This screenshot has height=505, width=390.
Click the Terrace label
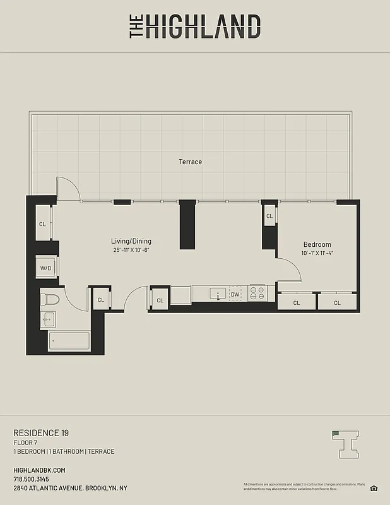tap(190, 162)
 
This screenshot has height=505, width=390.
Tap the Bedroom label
tap(317, 245)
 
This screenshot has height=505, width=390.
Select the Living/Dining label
tap(131, 241)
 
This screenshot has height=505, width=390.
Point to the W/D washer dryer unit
tap(46, 268)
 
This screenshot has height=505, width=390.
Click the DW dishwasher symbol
tap(235, 294)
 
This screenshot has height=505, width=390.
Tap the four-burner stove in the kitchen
tap(257, 294)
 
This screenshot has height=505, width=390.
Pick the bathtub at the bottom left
tap(70, 342)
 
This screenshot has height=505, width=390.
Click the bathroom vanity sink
tap(47, 320)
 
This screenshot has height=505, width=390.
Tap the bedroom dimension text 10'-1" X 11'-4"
tap(317, 254)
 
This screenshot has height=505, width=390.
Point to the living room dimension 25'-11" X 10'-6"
tap(131, 250)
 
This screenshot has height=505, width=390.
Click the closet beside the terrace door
tap(43, 223)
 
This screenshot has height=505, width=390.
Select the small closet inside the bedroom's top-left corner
tap(269, 216)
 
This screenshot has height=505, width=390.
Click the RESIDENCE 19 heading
tap(41, 433)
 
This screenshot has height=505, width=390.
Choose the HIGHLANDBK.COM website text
tap(39, 470)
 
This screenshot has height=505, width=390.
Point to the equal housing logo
tap(374, 487)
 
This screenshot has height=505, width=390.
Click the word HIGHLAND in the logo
tap(203, 27)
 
